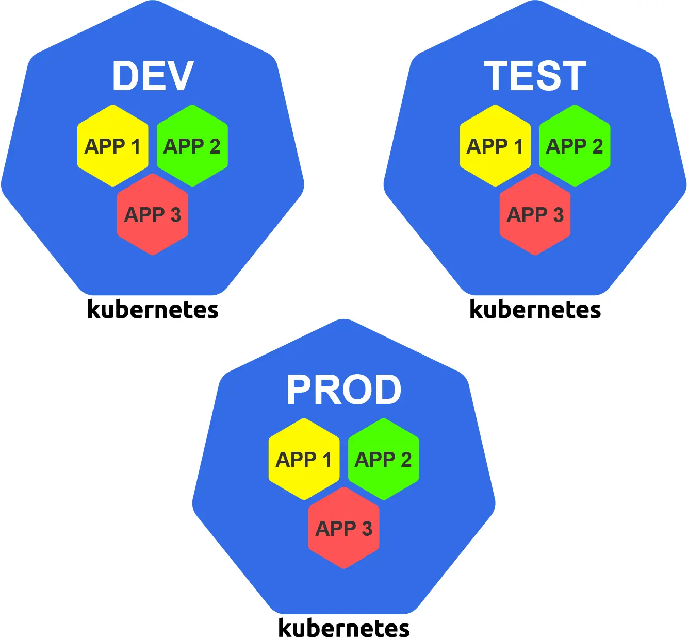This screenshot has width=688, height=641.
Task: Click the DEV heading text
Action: point(153,76)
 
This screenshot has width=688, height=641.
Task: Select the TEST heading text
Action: point(535,76)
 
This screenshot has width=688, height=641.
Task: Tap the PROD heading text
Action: point(343,390)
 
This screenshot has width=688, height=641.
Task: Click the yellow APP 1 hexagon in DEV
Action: point(113,146)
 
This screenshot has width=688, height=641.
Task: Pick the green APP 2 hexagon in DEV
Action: point(192,146)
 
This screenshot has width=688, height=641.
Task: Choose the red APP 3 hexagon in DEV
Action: point(153,214)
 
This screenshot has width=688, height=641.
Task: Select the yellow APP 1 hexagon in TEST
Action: point(495,146)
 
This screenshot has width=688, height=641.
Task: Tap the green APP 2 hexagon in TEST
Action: point(575,146)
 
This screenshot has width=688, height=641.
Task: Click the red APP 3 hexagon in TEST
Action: point(535,214)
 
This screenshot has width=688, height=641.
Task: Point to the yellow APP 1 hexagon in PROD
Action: point(304,459)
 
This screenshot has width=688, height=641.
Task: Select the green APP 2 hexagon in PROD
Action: point(383,459)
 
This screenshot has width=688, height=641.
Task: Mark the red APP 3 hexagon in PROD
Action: point(343,528)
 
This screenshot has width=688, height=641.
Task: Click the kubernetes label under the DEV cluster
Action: point(153,310)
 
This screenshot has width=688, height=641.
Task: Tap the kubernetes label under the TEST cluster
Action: point(535,310)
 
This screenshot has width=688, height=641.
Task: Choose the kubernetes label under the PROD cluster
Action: point(343,628)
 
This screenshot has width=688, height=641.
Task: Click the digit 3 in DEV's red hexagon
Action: point(175,215)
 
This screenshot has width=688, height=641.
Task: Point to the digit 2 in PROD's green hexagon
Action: point(406,460)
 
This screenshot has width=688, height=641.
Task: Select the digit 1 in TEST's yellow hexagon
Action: point(518,146)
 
